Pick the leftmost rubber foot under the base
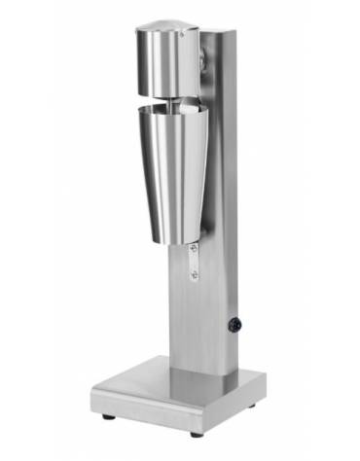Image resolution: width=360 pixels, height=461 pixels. coord(107,416)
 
